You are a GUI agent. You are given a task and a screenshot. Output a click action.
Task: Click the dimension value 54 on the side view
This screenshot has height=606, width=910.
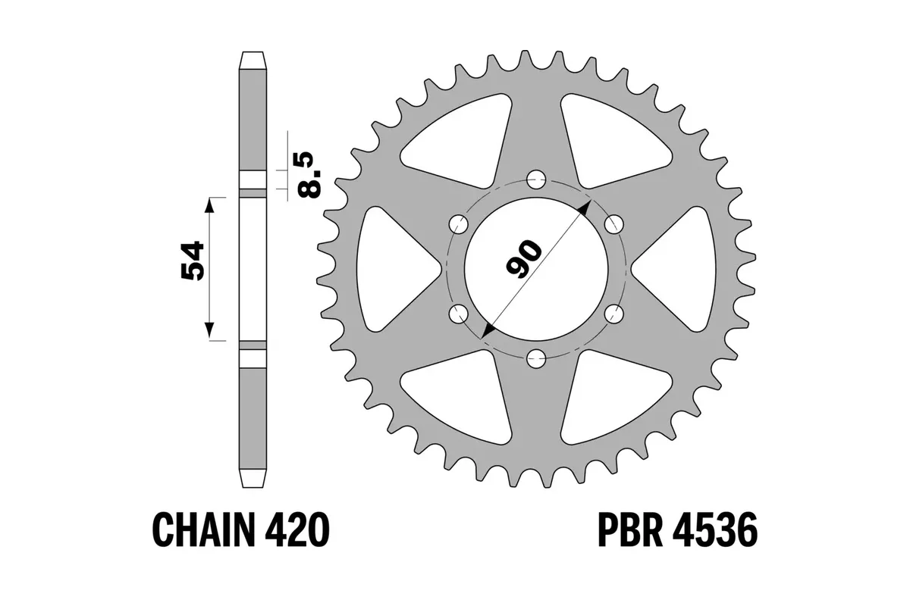coord(191,262)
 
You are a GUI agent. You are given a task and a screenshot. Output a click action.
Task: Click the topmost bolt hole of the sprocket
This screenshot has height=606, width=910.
coord(536,180)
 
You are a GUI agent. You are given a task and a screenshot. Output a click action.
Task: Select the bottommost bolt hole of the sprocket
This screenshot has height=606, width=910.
coord(536,358)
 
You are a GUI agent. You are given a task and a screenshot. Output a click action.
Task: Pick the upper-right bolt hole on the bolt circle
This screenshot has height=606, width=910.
coord(613,223)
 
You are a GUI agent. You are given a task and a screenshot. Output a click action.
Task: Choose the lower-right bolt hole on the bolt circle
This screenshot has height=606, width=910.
coord(613,313)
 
